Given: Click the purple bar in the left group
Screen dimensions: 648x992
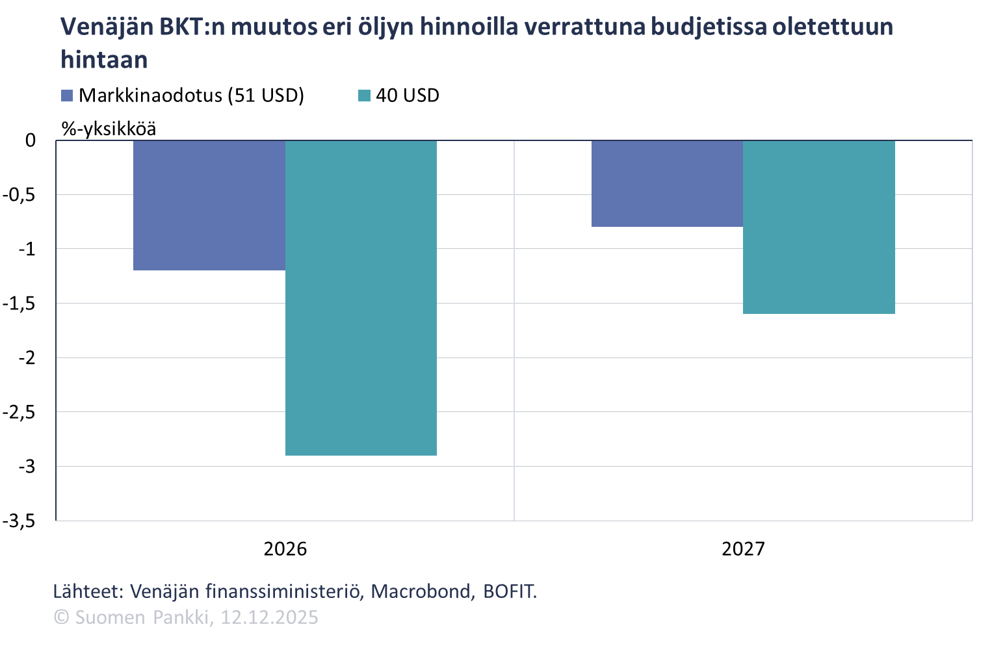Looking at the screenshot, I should [209, 205].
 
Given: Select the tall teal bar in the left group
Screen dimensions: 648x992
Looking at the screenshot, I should [361, 298].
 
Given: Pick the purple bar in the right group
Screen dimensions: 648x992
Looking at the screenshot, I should [667, 184].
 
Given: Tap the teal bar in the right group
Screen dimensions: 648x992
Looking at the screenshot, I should [819, 227].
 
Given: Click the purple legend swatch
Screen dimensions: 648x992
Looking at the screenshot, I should [67, 96].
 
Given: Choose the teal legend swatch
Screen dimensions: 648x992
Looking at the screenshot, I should [364, 96].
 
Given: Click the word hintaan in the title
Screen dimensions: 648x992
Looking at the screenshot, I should [104, 60].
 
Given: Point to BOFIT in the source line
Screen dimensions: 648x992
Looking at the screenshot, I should [509, 591].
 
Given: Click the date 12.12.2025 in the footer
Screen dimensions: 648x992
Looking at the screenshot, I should [269, 617].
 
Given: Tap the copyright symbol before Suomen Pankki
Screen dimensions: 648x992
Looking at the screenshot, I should [61, 617].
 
